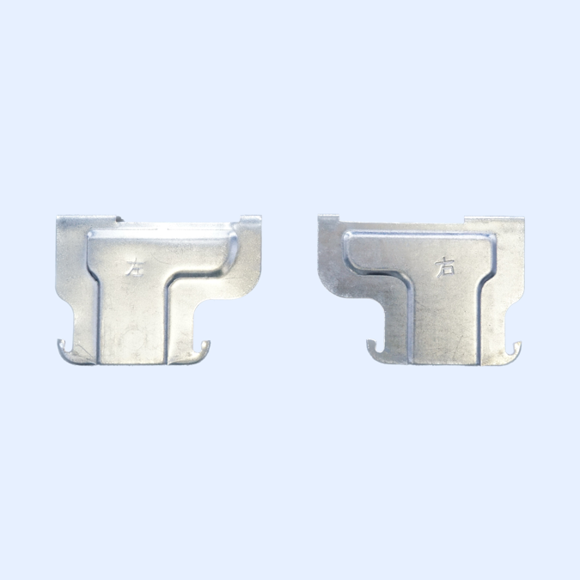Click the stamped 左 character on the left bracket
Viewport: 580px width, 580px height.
(x=133, y=267)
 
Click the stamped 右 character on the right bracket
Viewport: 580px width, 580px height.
(x=444, y=267)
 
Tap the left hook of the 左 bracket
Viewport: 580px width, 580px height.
(x=64, y=348)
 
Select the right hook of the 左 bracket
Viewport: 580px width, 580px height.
(x=203, y=348)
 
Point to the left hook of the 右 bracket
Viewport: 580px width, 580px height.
(x=372, y=347)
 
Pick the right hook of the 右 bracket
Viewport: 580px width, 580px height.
(x=514, y=348)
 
